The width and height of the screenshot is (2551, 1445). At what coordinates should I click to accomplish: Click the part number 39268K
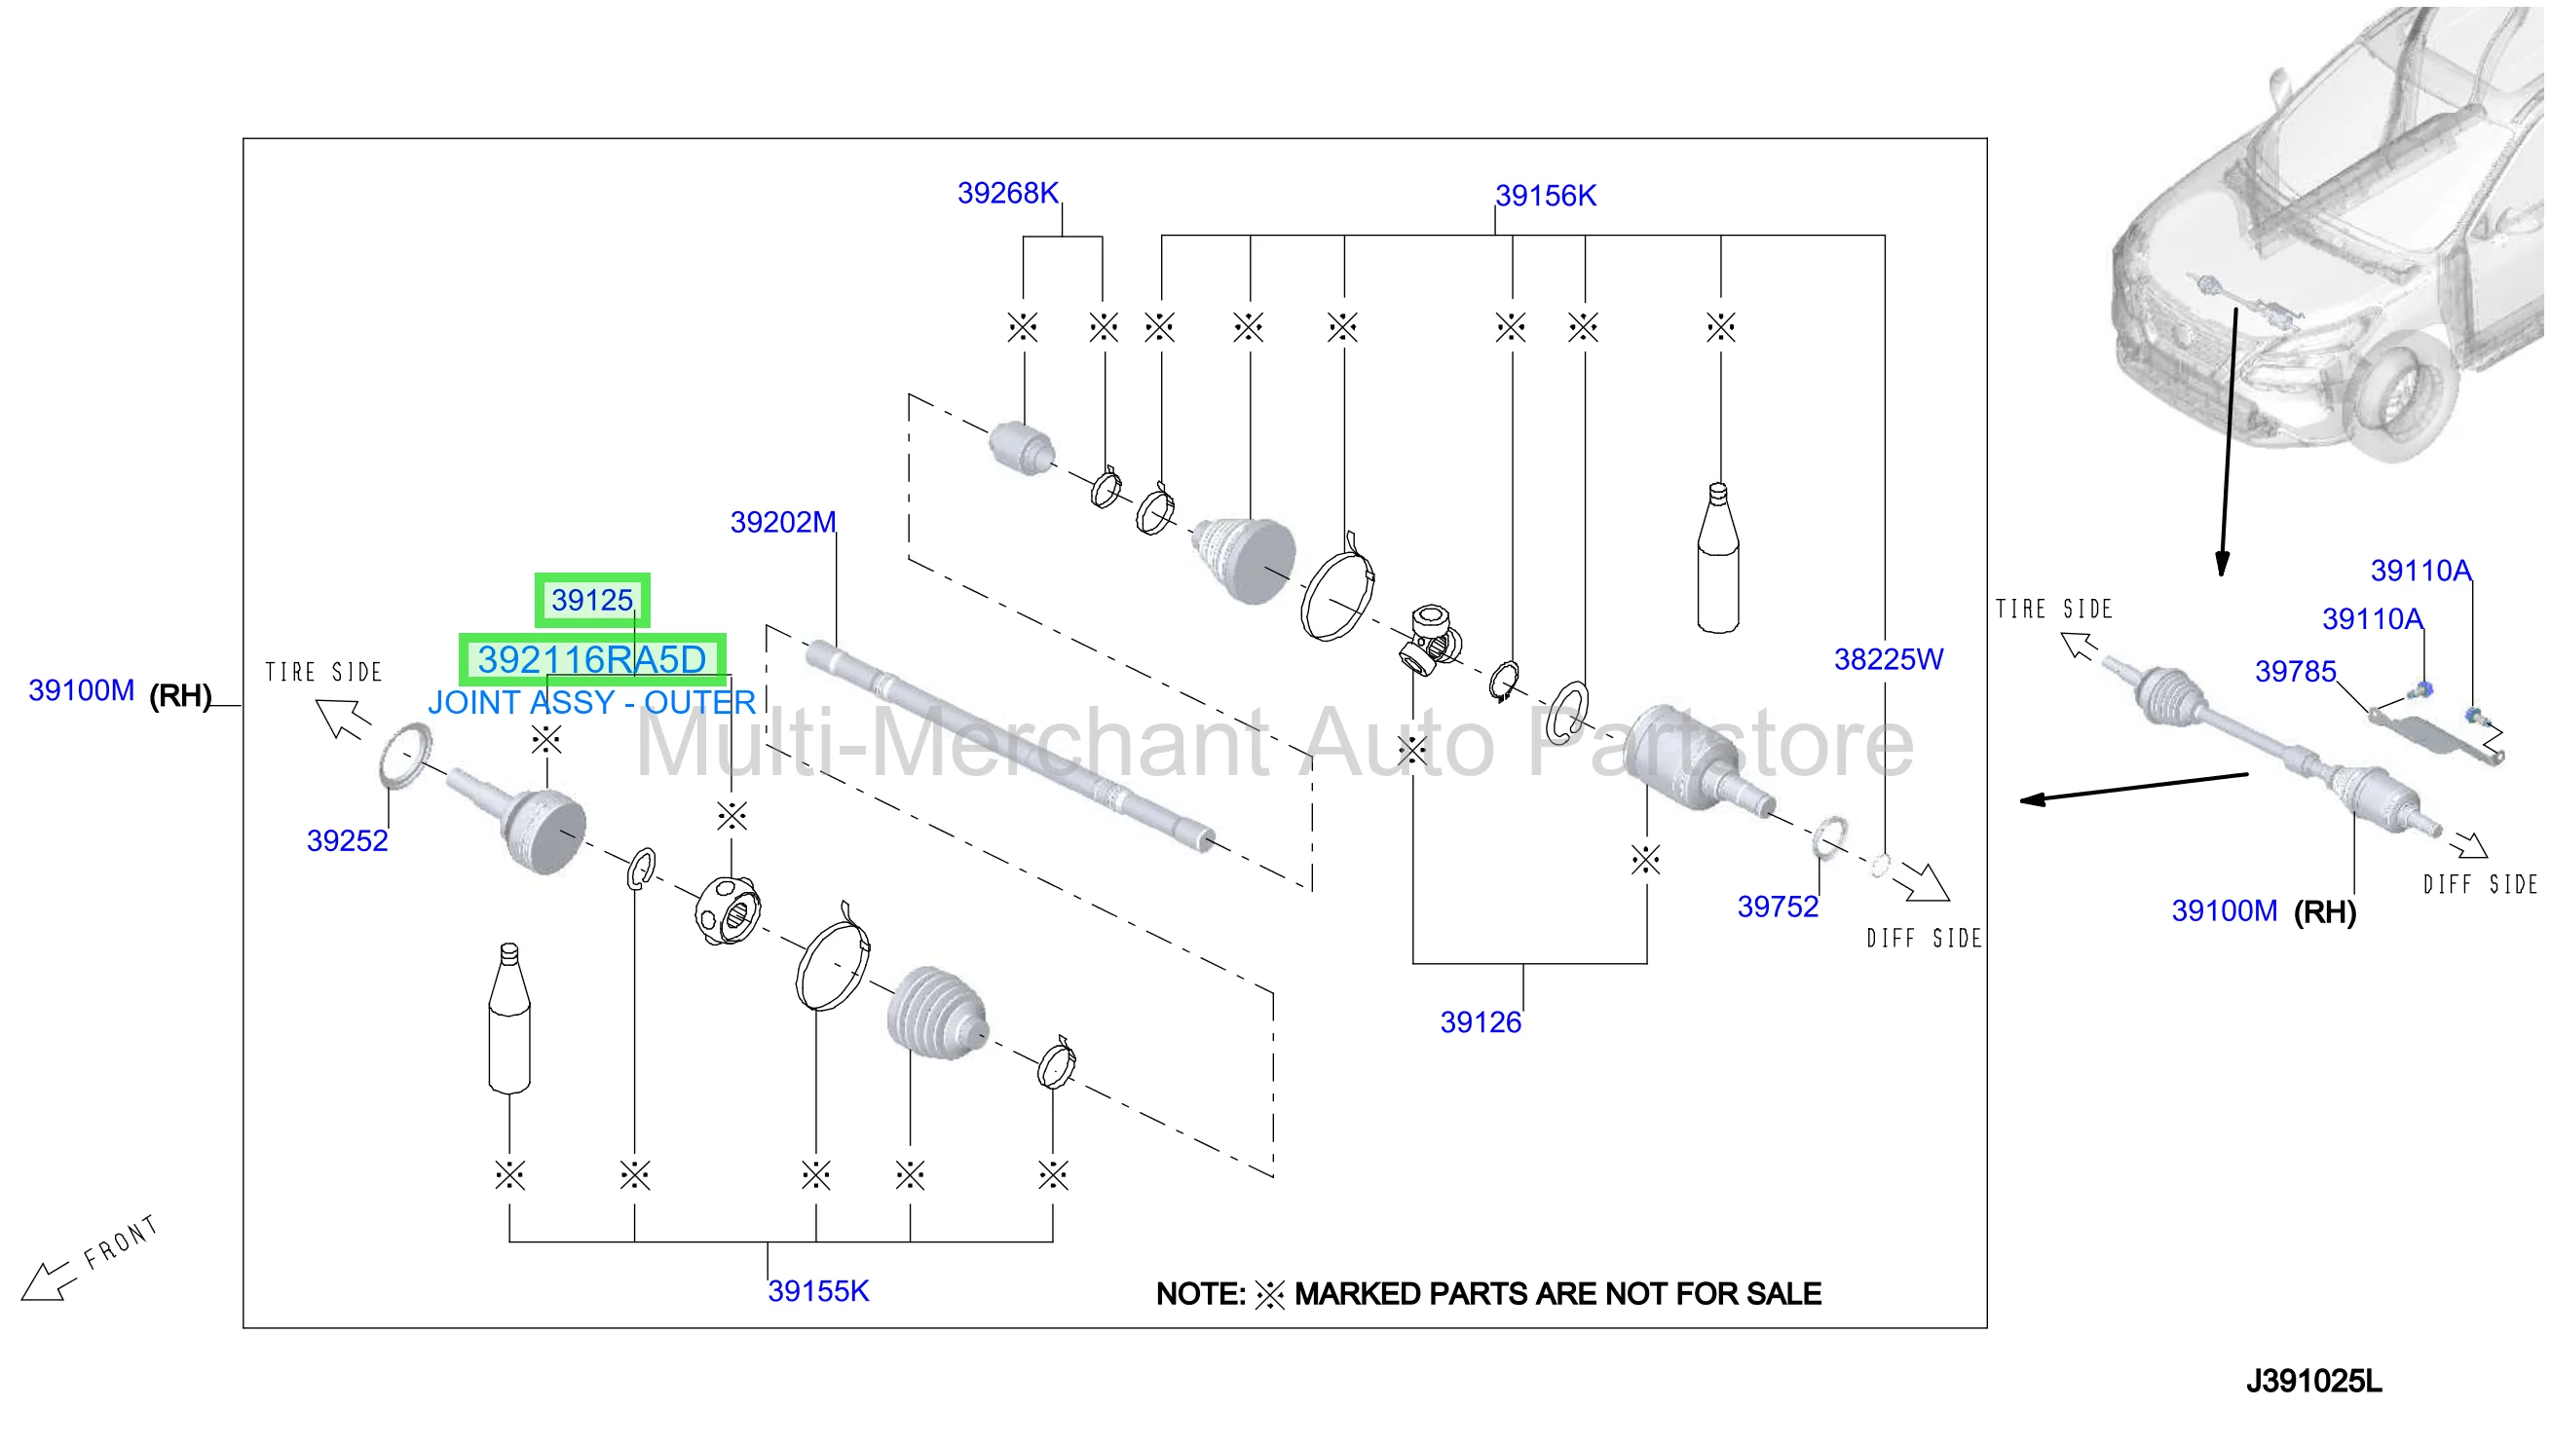coord(1006,193)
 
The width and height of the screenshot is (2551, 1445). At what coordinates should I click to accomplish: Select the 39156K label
coord(1545,196)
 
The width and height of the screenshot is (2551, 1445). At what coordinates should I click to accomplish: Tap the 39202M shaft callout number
coord(782,522)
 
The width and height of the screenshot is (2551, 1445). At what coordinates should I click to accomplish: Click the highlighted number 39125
coord(591,601)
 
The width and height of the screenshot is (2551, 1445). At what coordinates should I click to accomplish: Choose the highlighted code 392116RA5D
coord(591,659)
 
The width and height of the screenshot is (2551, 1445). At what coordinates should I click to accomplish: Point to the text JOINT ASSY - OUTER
coord(591,703)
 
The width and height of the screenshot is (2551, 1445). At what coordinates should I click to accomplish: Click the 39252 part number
coord(347,840)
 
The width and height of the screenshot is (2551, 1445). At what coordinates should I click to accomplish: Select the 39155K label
coord(817,1291)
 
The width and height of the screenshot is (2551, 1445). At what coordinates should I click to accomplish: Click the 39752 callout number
coord(1777,907)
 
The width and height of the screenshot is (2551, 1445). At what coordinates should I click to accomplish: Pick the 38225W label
coord(1887,659)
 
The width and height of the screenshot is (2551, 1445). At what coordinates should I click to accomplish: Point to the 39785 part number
coord(2294,672)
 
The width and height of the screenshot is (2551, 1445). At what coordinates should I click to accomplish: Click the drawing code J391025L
coord(2312,1381)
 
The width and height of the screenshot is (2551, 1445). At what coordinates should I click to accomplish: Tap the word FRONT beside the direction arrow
coord(120,1241)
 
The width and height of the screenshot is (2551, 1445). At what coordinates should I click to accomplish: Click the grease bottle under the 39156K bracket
coord(1717,558)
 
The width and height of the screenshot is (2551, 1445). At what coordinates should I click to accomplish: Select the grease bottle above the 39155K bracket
coord(509,1019)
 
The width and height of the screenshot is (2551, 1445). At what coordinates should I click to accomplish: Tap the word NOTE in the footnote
coord(1199,1294)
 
